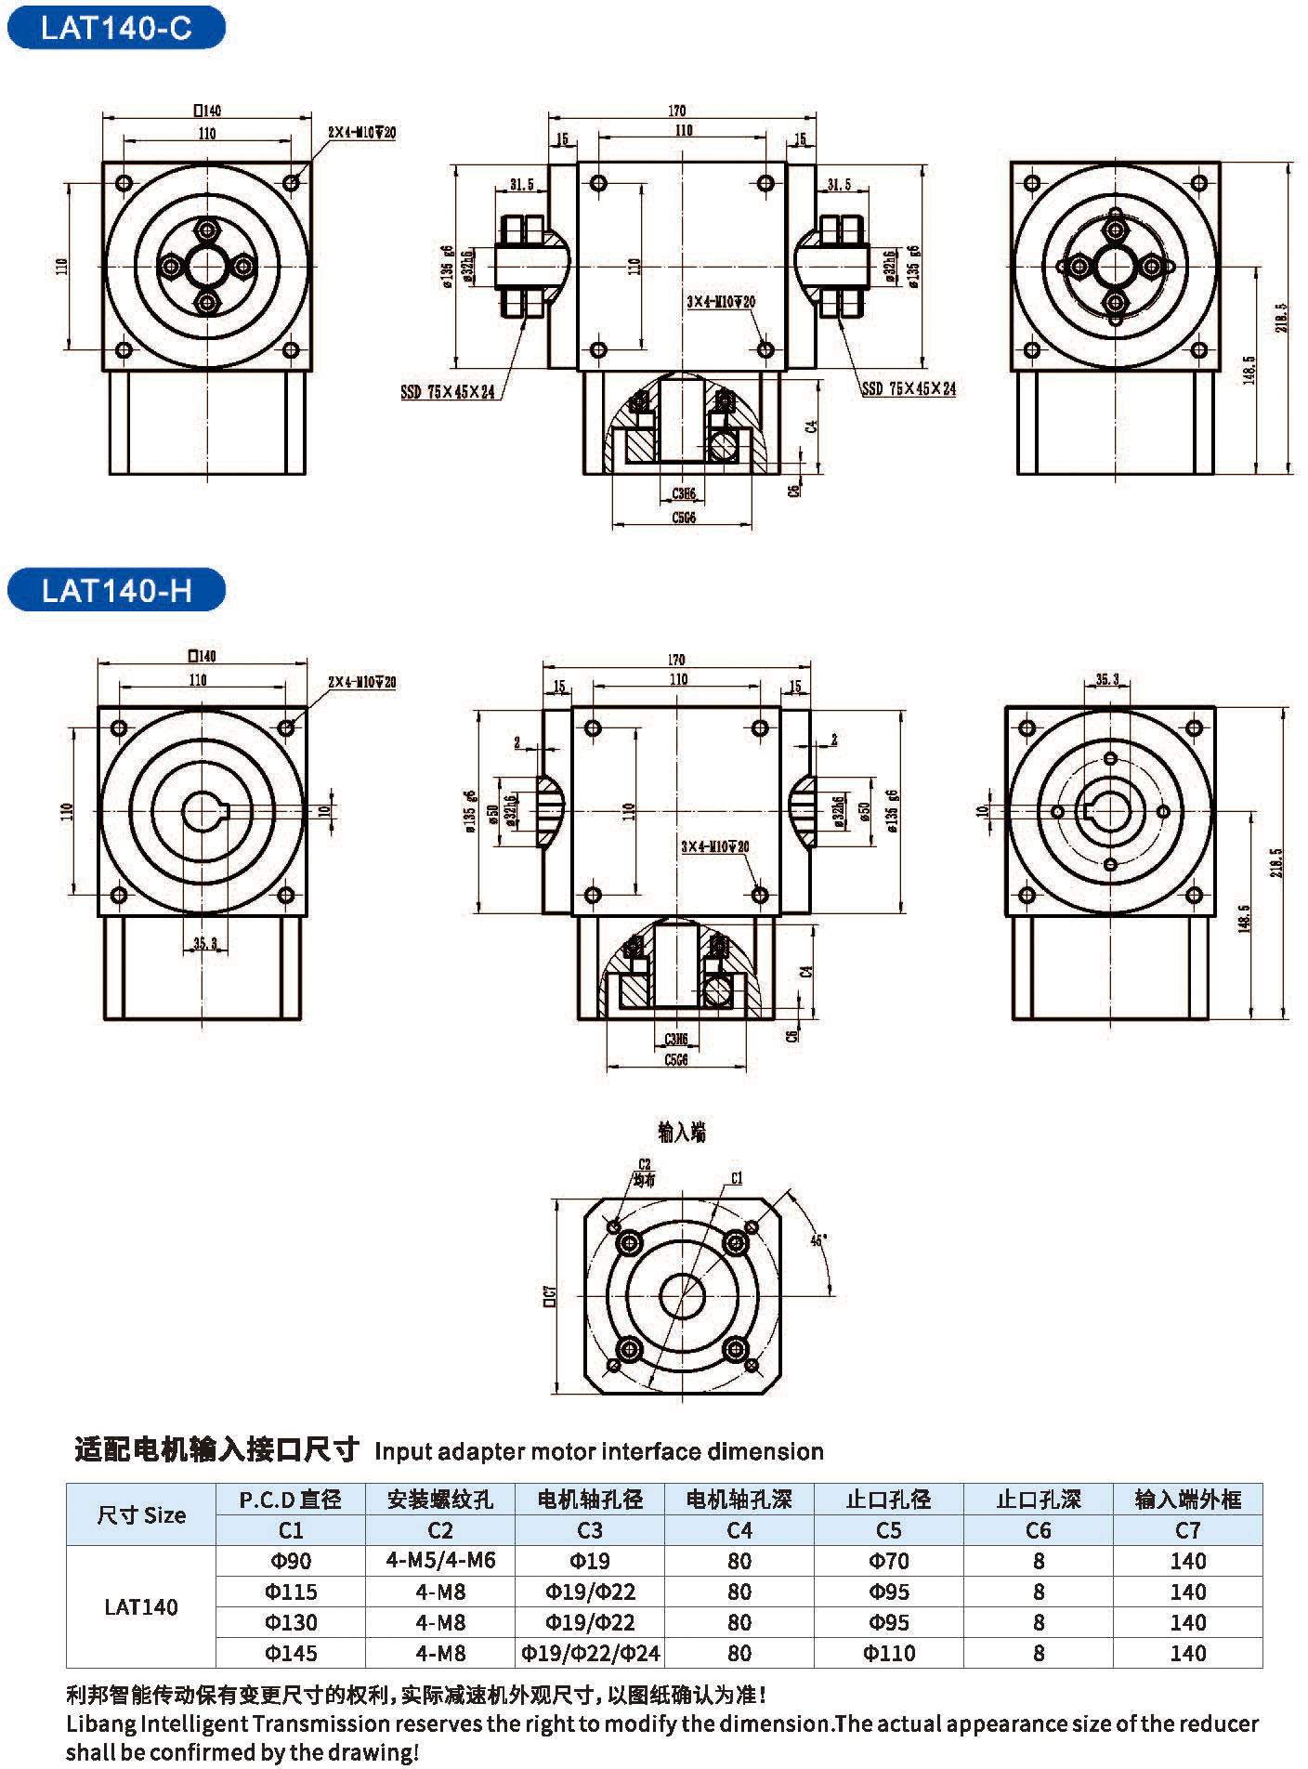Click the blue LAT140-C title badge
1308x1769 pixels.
[116, 28]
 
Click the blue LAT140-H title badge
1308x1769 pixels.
[116, 590]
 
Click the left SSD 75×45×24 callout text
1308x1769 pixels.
[448, 393]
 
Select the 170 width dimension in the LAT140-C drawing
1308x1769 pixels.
[677, 111]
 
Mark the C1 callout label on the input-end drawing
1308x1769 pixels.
[737, 1178]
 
